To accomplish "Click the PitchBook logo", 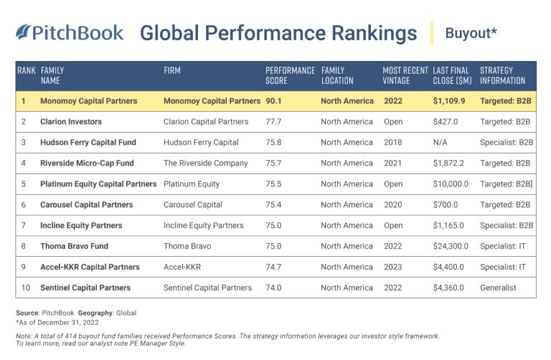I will [x=70, y=33].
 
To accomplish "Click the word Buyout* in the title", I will [x=471, y=33].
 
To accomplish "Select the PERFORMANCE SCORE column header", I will [x=290, y=75].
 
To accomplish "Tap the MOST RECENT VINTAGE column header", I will [x=405, y=75].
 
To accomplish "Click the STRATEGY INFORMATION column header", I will [x=502, y=75].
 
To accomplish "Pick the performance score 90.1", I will [x=275, y=101].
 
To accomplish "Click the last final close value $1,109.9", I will [x=449, y=101].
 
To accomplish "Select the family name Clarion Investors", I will [x=71, y=122].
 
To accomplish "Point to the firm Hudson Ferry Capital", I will [x=198, y=143].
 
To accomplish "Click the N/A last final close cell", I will [x=441, y=143].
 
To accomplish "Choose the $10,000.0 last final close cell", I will [x=451, y=184].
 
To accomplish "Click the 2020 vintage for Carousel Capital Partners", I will [x=393, y=205].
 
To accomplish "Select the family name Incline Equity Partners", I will [x=81, y=226].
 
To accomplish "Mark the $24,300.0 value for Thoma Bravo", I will [x=451, y=247].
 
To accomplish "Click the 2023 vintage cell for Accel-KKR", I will [x=393, y=267].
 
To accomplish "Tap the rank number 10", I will [x=23, y=288].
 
